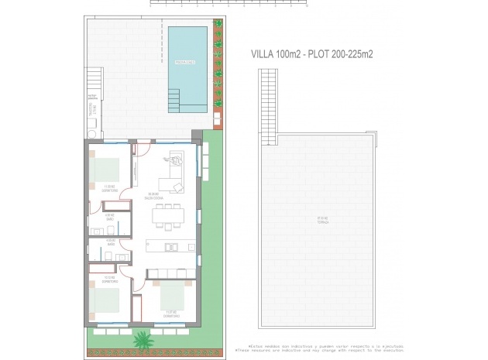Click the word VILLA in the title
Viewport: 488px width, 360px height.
[264, 54]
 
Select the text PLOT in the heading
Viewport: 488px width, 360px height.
[321, 54]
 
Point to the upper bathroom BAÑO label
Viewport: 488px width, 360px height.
[110, 218]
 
